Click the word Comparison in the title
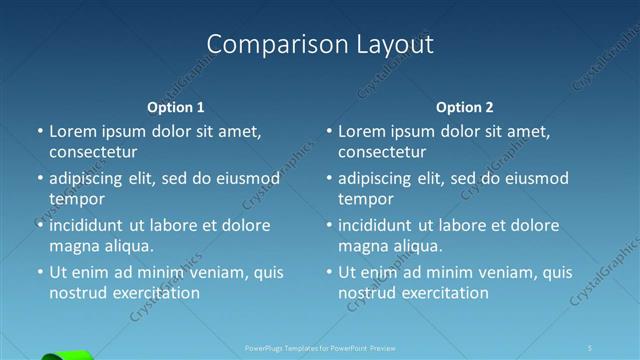265,44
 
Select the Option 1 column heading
176,107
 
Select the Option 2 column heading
465,107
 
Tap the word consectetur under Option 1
93,152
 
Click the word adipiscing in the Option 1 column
86,179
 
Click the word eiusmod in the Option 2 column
535,179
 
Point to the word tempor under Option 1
75,199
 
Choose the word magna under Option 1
73,246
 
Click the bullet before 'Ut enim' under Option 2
329,272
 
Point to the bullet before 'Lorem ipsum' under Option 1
40,131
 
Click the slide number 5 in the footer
591,348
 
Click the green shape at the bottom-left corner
68,355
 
